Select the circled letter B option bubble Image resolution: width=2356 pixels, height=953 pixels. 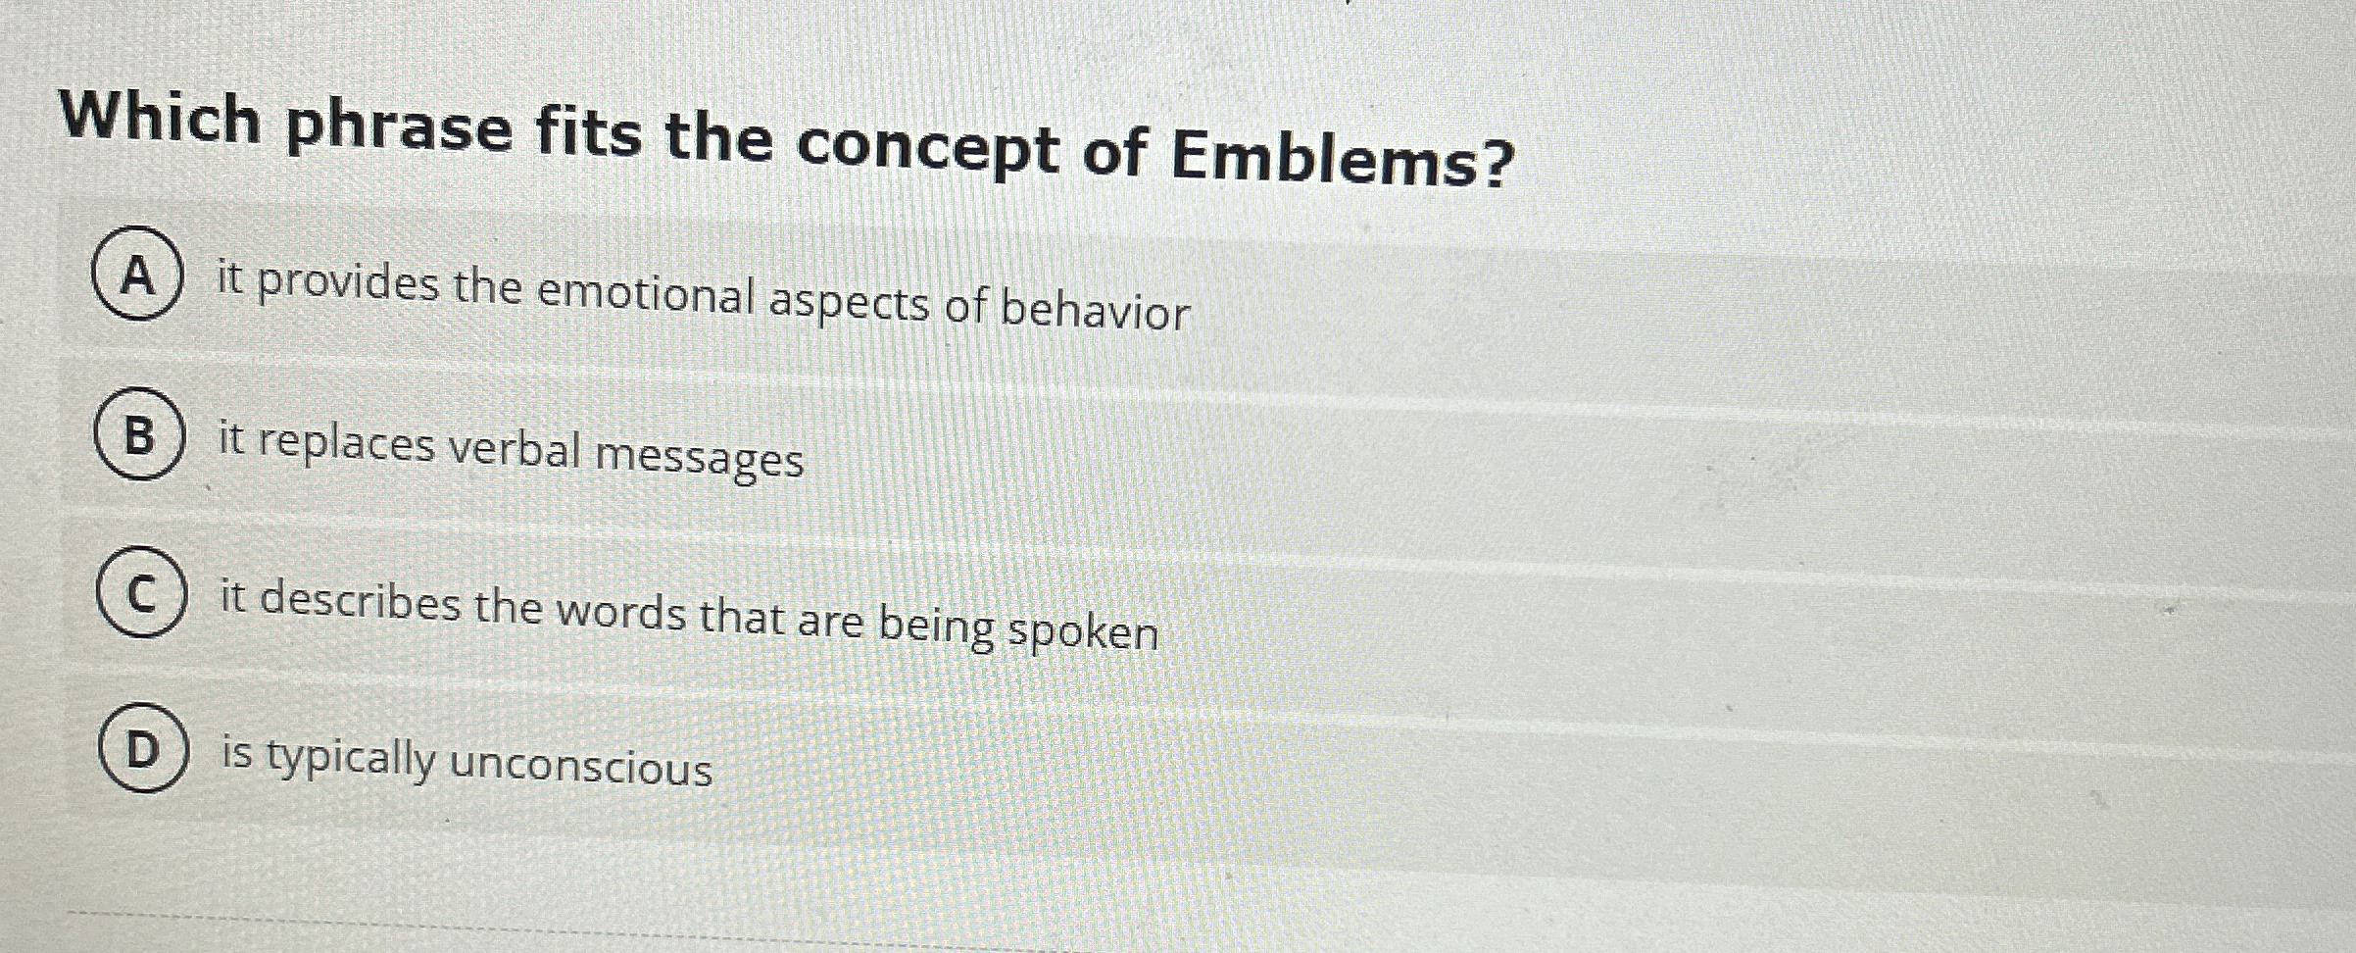tap(139, 433)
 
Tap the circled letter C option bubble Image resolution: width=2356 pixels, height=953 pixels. tap(141, 592)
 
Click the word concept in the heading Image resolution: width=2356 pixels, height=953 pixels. tap(926, 149)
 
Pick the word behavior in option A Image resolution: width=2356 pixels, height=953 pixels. tap(1095, 310)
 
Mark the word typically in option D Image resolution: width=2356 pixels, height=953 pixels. tap(351, 758)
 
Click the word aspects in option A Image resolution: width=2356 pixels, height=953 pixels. tap(849, 302)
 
